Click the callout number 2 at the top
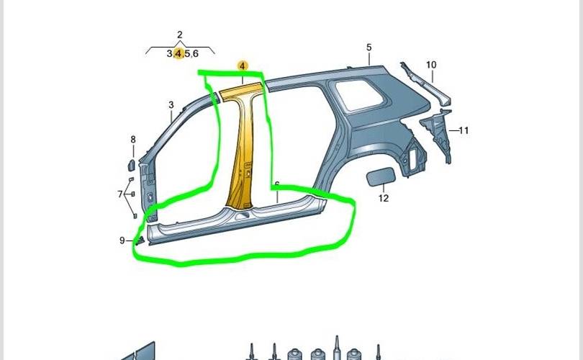(x=179, y=35)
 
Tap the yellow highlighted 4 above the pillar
(x=243, y=66)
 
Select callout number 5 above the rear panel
(x=369, y=48)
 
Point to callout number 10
(x=431, y=65)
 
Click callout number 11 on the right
(x=464, y=130)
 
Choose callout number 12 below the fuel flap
(x=383, y=198)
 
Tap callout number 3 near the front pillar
(x=171, y=105)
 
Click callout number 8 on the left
(x=132, y=139)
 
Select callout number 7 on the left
(x=121, y=194)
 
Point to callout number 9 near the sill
(x=122, y=240)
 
